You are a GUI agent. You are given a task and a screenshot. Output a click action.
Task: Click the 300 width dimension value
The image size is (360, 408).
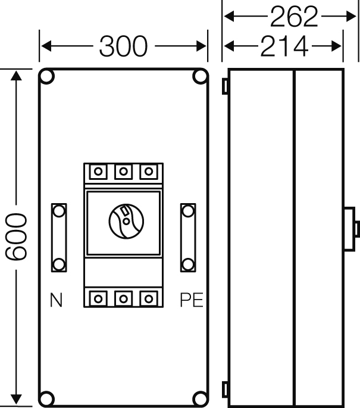click(123, 46)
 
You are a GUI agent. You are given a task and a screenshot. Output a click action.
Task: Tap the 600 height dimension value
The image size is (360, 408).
click(16, 236)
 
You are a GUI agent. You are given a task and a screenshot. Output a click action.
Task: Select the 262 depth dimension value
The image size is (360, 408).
click(294, 17)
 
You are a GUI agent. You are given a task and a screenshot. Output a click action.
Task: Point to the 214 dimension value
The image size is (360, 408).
click(284, 46)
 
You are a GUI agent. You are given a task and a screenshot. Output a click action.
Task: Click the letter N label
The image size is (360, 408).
click(56, 300)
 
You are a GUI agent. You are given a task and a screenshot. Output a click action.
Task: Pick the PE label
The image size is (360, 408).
click(192, 300)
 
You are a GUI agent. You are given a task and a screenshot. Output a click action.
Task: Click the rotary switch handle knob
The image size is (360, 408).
click(126, 221)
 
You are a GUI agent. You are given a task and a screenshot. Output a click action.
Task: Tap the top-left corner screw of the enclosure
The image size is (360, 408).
click(47, 76)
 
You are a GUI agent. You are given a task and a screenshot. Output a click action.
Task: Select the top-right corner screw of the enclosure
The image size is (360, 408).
click(200, 76)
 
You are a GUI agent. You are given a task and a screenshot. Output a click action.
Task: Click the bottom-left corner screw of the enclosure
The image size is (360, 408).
click(47, 398)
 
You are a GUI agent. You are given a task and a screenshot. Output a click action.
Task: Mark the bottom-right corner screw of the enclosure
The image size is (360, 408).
click(200, 398)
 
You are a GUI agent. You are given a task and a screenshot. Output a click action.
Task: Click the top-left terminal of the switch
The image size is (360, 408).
click(98, 172)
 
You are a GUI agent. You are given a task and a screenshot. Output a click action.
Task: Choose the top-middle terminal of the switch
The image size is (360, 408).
click(123, 172)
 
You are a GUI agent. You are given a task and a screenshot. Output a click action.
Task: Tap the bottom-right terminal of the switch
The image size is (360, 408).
click(149, 299)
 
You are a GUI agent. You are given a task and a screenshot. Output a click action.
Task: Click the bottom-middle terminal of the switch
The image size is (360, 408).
click(123, 299)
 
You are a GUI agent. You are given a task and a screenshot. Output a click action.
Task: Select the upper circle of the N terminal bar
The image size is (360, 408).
click(59, 211)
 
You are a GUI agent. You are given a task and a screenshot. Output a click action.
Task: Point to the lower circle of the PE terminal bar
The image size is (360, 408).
click(188, 264)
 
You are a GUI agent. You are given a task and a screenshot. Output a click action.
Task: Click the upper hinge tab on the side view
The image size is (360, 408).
click(225, 86)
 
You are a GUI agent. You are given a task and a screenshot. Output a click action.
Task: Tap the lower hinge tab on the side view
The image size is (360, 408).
click(225, 390)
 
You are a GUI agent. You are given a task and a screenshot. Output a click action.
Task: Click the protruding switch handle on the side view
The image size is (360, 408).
click(352, 229)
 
